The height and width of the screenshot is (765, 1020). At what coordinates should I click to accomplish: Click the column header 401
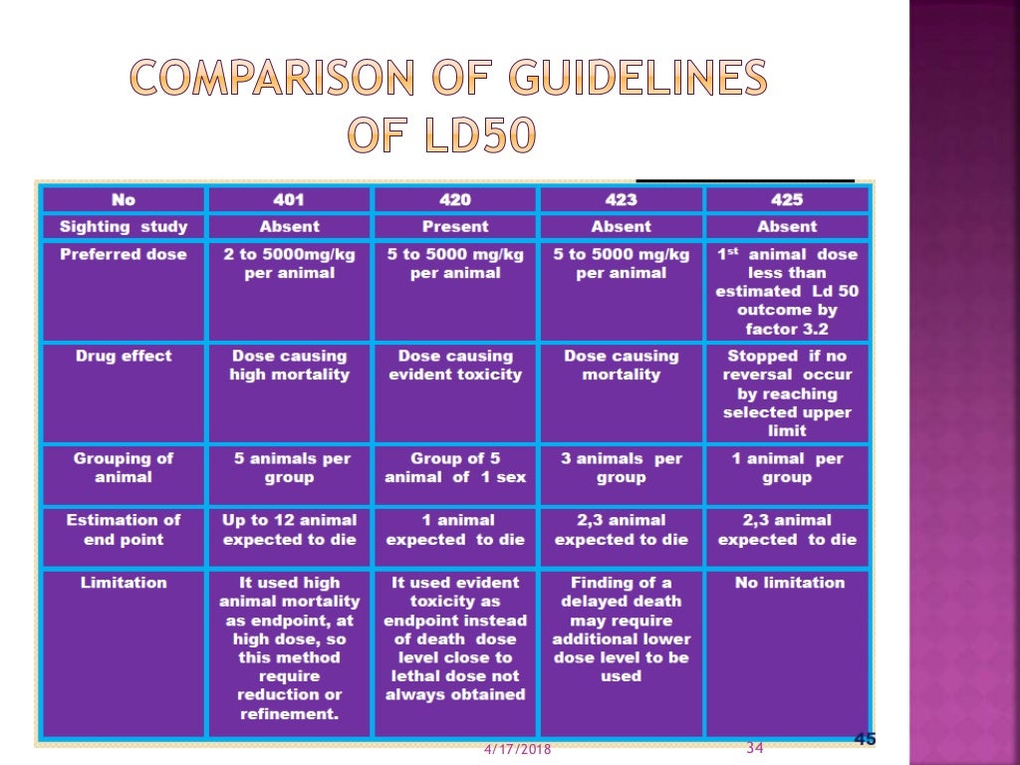tap(289, 199)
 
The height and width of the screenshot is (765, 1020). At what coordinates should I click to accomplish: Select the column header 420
tap(454, 199)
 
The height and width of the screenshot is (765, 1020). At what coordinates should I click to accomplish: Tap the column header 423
tap(621, 199)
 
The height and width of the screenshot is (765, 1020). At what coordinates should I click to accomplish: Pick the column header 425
tap(787, 199)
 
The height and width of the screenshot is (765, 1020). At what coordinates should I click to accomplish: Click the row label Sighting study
tap(124, 226)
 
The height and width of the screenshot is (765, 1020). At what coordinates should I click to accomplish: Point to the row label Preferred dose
tap(124, 254)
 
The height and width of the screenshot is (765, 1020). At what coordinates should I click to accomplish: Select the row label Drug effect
tap(124, 356)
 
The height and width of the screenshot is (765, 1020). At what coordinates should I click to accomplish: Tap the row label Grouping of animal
tap(124, 468)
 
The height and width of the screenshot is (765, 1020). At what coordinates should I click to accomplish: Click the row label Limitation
tap(124, 583)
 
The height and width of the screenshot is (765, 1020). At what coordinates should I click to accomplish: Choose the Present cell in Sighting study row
tap(454, 226)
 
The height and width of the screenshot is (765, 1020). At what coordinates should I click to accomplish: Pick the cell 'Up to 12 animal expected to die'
tap(289, 530)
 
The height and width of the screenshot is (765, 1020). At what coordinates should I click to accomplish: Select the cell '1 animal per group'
tap(787, 468)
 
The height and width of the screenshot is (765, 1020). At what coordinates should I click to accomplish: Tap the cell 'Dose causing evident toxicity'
tap(455, 366)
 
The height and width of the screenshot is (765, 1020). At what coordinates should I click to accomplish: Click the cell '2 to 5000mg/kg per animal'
tap(289, 264)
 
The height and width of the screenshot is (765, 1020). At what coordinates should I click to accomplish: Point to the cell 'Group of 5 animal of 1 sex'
tap(455, 468)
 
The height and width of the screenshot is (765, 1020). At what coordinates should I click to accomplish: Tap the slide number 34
tap(754, 748)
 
